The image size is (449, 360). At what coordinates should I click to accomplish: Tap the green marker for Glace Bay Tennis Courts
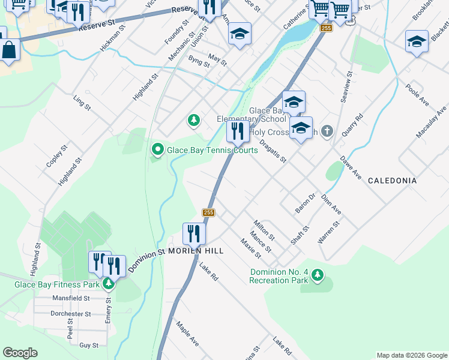[157, 149]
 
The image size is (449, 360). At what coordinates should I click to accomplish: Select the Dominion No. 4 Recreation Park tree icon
[318, 275]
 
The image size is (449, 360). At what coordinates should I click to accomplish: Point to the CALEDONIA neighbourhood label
[392, 180]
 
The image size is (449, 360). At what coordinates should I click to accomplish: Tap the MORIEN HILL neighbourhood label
[196, 250]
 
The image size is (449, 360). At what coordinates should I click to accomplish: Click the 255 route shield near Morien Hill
[208, 213]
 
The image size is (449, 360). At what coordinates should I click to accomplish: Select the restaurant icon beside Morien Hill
[194, 233]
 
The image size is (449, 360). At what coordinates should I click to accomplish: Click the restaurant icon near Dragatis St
[238, 131]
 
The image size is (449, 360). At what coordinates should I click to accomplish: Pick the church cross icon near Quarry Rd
[327, 130]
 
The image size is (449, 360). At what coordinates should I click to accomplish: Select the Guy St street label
[89, 345]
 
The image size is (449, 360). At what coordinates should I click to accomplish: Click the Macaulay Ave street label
[432, 123]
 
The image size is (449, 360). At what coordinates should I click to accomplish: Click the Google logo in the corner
[20, 353]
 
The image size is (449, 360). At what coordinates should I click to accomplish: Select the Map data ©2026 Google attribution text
[411, 355]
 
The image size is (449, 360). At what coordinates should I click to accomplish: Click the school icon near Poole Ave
[417, 42]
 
